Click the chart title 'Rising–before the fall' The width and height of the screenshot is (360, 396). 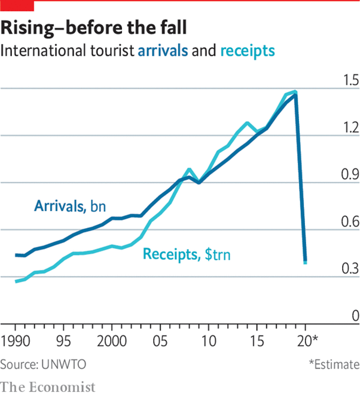93,28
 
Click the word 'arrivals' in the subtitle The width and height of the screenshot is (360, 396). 163,51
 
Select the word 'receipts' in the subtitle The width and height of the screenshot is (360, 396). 248,51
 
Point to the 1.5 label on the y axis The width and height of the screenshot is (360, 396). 350,80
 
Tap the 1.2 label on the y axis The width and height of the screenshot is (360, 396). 350,127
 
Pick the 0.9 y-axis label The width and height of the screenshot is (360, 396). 350,174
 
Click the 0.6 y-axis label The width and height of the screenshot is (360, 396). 350,222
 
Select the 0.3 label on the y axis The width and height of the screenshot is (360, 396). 350,268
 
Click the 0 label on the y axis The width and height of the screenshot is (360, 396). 355,316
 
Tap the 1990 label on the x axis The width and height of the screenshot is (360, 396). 16,341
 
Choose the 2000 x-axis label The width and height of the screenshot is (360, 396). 112,341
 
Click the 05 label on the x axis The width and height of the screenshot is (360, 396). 160,341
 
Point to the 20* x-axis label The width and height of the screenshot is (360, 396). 307,341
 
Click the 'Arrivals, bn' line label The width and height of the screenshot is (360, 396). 70,206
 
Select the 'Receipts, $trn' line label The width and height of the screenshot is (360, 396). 187,254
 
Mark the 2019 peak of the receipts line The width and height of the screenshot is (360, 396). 295,91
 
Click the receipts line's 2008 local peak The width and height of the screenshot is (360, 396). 189,170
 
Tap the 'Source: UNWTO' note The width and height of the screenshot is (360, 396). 43,364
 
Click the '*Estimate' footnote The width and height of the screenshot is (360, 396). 334,364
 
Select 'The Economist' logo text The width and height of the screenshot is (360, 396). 48,387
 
